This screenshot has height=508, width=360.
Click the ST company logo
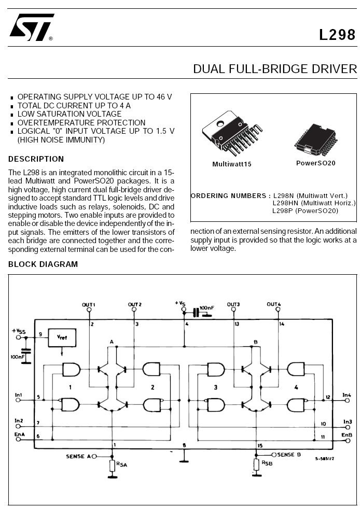pos(31,27)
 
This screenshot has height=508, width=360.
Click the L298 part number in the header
pos(337,35)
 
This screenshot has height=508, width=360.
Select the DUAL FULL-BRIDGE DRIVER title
pos(275,69)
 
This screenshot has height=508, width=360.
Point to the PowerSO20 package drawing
pos(316,138)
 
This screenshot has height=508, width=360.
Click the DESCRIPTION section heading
pos(36,159)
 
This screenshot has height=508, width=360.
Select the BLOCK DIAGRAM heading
pos(43,264)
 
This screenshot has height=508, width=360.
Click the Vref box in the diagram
pos(62,338)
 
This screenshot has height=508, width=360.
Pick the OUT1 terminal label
pos(89,304)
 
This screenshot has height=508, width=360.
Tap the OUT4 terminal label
pos(274,304)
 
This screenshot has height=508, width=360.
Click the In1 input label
pos(19,395)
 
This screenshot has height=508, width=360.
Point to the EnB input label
pos(347,434)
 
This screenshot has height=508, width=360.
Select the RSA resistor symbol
pos(113,465)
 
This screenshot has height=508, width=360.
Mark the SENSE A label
pos(78,456)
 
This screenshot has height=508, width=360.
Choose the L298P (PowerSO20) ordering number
pos(305,211)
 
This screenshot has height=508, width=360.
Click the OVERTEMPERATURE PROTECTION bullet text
pos(81,123)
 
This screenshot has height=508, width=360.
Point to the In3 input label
pos(347,421)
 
